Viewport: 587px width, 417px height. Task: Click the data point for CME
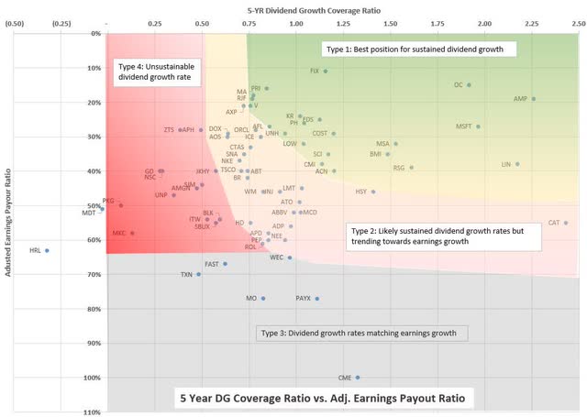(x=358, y=378)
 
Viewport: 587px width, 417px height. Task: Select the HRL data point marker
(x=47, y=250)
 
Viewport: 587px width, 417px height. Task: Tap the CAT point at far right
(x=566, y=223)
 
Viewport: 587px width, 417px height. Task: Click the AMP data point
(x=534, y=99)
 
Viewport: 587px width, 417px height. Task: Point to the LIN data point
(x=517, y=164)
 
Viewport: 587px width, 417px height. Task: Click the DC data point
(x=469, y=85)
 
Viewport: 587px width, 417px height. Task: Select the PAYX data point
(x=317, y=299)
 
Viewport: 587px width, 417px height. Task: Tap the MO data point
(x=263, y=299)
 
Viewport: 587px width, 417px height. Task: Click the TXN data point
(x=198, y=274)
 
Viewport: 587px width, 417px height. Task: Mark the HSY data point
(x=373, y=192)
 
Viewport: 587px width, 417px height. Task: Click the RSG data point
(x=412, y=168)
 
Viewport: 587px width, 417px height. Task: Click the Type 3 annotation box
(x=364, y=333)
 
